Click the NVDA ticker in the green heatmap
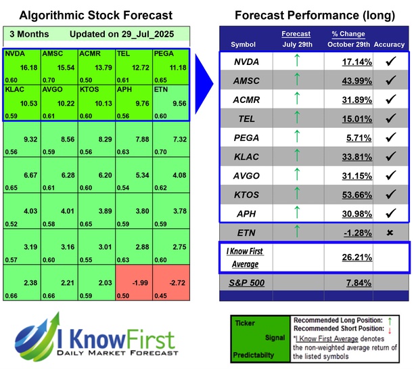[15, 52]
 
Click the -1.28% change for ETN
[352, 233]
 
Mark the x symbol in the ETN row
[389, 233]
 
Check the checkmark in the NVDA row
[389, 62]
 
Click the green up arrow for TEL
[296, 118]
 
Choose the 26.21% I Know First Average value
[352, 258]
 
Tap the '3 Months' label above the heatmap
[26, 34]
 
